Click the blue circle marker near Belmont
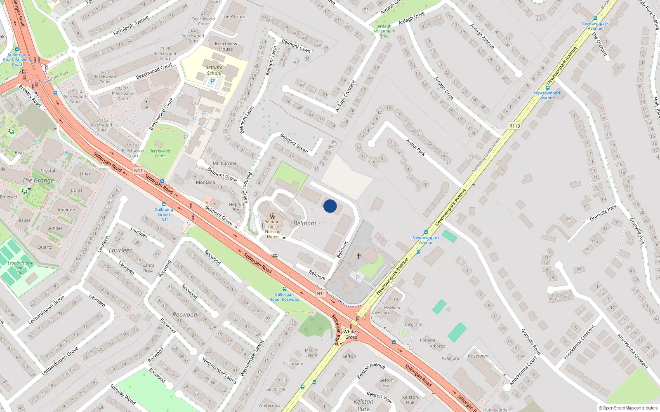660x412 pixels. [x=330, y=206]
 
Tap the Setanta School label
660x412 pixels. [x=214, y=70]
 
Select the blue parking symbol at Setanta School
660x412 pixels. [x=212, y=82]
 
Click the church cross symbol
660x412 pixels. [x=359, y=256]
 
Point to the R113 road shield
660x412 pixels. [x=514, y=126]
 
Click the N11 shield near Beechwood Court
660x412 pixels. [x=138, y=171]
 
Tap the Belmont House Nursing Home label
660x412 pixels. [x=273, y=229]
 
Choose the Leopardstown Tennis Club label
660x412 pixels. [x=20, y=268]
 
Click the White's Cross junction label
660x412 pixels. [x=351, y=334]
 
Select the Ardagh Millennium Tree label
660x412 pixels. [x=384, y=31]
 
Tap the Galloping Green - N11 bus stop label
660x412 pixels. [x=164, y=214]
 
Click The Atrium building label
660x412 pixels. [x=233, y=16]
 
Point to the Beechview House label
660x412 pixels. [x=226, y=46]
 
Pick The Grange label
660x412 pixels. [x=38, y=180]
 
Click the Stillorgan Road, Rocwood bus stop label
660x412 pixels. [x=285, y=297]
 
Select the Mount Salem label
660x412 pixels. [x=311, y=353]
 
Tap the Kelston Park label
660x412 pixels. [x=363, y=405]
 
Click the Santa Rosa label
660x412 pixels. [x=148, y=268]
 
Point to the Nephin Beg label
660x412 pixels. [x=236, y=207]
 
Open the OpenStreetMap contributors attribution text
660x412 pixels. [x=630, y=408]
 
